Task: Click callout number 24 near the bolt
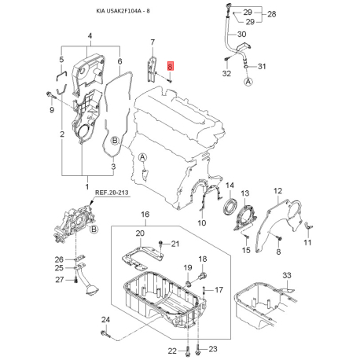pos(106,319)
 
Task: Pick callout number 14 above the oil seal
pos(230,186)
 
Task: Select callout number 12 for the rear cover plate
pos(277,191)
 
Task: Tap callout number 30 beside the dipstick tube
pos(241,36)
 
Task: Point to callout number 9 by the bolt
pos(52,111)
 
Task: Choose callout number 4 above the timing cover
pos(89,36)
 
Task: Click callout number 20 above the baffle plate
pos(139,233)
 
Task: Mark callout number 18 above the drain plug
pos(202,259)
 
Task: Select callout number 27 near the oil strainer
pos(58,279)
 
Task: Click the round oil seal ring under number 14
pos(231,208)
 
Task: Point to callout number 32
pos(226,73)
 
